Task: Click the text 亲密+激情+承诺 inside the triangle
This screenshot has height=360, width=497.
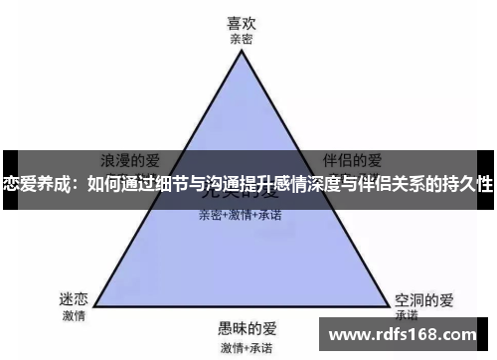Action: pyautogui.click(x=240, y=214)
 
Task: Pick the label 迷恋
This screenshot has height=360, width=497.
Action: pyautogui.click(x=74, y=297)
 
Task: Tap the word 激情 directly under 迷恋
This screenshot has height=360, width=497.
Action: pyautogui.click(x=74, y=315)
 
